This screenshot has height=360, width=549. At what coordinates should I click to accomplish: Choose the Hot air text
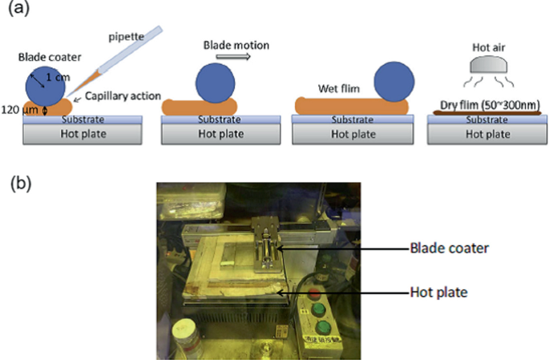tap(487, 47)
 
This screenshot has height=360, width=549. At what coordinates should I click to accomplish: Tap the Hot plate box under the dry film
tap(487, 134)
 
